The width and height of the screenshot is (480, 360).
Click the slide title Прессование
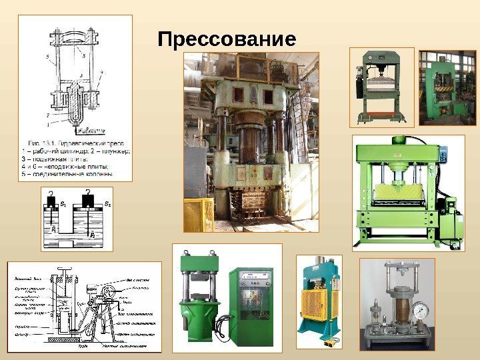[x=227, y=40]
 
